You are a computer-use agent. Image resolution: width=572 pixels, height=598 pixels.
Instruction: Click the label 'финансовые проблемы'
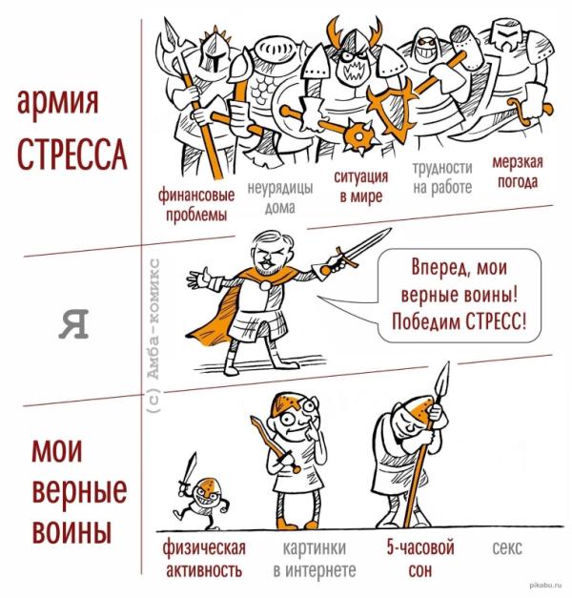pos(196,205)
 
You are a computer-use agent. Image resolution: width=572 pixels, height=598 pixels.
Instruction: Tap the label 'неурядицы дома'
pos(280,197)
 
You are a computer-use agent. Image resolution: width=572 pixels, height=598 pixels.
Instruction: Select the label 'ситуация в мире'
pos(361,187)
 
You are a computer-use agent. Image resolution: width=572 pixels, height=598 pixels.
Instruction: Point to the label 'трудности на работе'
pos(442,177)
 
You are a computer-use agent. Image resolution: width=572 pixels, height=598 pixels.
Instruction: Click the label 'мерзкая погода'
pos(518,172)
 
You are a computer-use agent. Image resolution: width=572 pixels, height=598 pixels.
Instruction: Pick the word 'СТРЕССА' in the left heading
pos(72,155)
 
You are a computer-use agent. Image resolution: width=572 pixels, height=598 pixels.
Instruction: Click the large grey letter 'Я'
pos(74,323)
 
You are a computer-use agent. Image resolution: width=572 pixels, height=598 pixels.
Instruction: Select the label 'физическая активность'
pos(204,559)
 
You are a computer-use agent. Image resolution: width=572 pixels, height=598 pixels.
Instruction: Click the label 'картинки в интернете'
pos(315,559)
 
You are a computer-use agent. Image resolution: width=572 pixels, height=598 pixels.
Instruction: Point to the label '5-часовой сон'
pos(420,559)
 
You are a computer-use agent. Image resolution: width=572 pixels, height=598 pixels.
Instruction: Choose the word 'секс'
pos(507,548)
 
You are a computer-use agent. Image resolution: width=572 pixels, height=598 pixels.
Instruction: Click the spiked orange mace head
pos(358,136)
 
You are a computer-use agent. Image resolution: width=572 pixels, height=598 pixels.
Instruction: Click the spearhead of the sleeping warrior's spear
pos(442,381)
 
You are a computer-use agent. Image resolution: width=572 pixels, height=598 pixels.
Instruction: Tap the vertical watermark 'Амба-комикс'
pos(154,336)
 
